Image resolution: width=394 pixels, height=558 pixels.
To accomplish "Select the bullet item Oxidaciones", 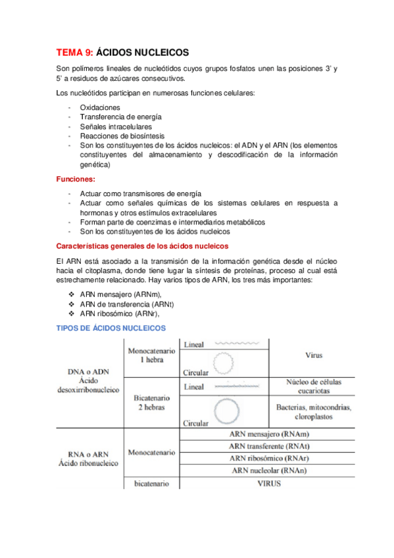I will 100,107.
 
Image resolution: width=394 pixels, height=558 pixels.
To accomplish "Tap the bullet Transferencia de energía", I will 120,116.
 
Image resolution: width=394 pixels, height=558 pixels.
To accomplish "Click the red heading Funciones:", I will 76,179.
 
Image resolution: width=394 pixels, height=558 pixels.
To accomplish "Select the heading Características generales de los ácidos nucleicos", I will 143,245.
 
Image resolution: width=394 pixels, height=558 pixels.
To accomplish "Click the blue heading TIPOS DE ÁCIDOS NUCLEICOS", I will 111,328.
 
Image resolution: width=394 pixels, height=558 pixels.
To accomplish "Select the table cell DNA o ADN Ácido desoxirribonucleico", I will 89,380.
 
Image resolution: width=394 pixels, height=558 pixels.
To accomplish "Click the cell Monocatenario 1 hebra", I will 151,356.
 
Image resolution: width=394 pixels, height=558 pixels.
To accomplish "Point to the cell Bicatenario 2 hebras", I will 151,402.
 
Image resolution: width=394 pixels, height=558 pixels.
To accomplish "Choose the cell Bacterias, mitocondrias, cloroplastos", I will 313,412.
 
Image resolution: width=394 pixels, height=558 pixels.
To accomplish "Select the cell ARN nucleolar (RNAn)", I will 270,470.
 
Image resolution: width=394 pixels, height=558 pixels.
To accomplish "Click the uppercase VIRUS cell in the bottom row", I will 270,484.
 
